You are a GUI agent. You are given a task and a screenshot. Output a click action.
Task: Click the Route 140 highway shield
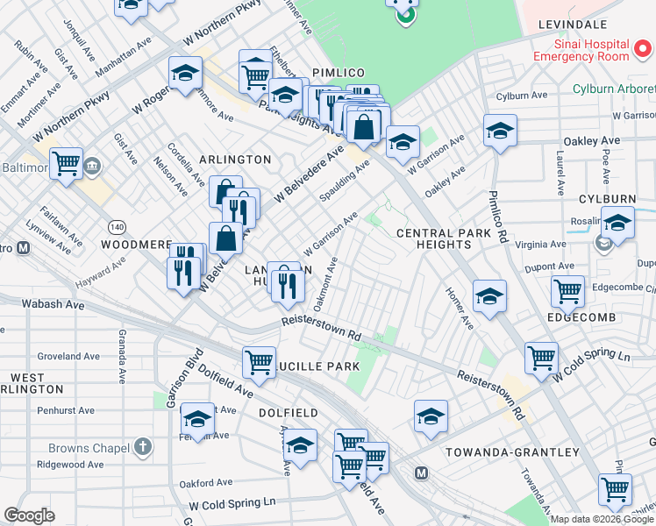pyautogui.click(x=116, y=228)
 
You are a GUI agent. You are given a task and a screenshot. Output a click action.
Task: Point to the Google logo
pyautogui.click(x=29, y=515)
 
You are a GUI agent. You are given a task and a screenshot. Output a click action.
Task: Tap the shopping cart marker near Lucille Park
pyautogui.click(x=259, y=361)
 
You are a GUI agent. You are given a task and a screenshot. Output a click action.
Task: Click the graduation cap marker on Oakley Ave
pyautogui.click(x=500, y=131)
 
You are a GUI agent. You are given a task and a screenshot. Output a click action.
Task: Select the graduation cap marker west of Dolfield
pyautogui.click(x=198, y=419)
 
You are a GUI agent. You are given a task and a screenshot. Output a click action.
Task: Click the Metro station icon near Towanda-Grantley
pyautogui.click(x=422, y=473)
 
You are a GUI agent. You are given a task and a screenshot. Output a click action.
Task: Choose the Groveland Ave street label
pyautogui.click(x=66, y=357)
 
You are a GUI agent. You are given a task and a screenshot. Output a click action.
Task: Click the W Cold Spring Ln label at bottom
pyautogui.click(x=232, y=504)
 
